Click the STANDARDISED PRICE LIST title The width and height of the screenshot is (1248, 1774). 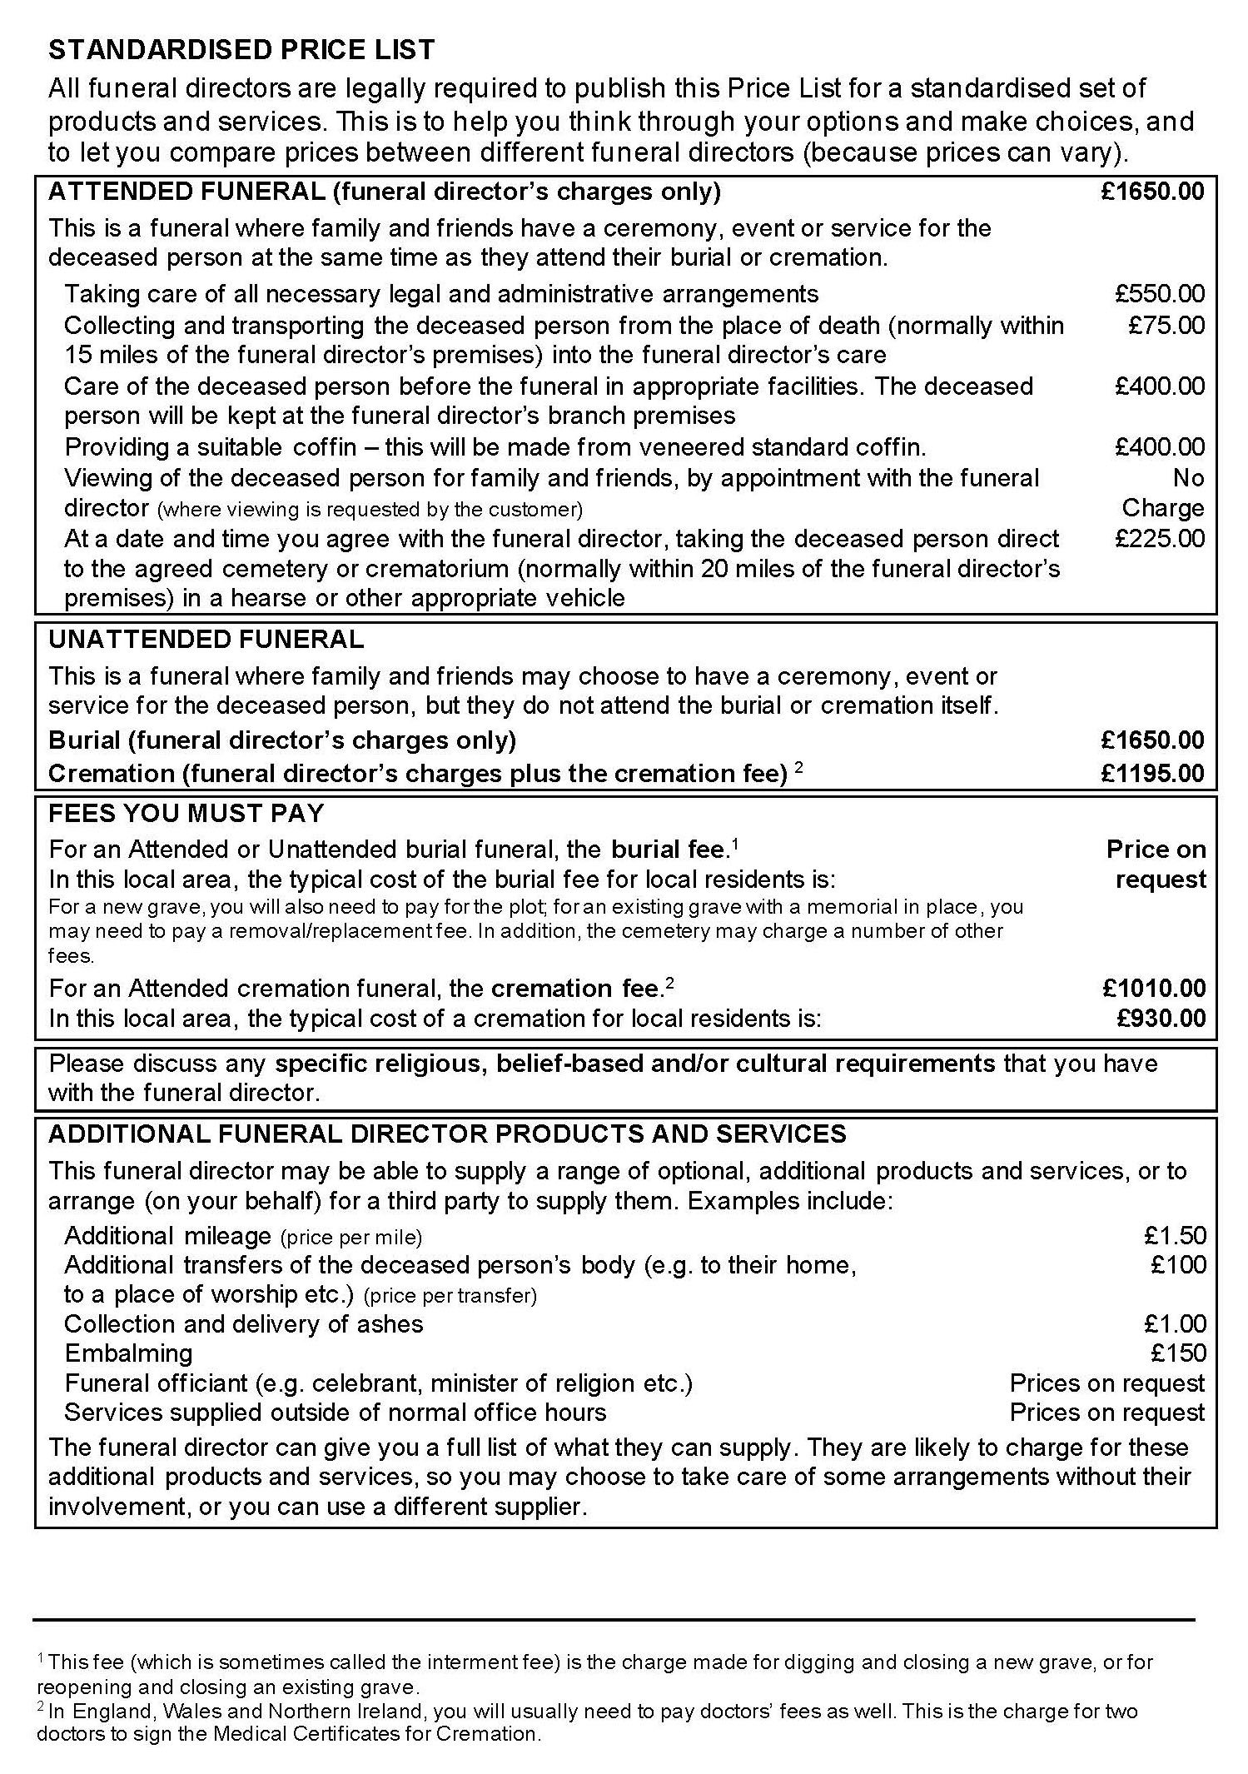click(241, 50)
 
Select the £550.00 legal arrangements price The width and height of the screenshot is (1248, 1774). click(1160, 294)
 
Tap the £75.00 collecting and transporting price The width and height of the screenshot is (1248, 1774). click(1166, 325)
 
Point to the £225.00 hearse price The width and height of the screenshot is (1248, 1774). click(1160, 539)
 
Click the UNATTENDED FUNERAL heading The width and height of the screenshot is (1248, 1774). click(206, 640)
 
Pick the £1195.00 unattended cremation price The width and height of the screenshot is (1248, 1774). click(1152, 774)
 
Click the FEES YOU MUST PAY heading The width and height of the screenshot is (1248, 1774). click(186, 814)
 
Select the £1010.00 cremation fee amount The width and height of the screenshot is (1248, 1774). click(1154, 989)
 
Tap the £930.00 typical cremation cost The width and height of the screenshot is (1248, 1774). click(1161, 1019)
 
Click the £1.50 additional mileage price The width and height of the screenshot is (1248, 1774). click(1175, 1236)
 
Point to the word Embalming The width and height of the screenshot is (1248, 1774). click(128, 1353)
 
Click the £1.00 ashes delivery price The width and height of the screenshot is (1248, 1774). click(1175, 1324)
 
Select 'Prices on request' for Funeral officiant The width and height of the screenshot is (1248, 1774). click(1106, 1383)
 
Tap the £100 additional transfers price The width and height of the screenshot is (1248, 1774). click(1178, 1265)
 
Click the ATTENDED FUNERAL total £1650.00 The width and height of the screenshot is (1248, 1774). click(1152, 192)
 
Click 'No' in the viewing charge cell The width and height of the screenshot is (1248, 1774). click(1188, 478)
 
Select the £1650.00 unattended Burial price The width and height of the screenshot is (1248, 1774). click(1152, 740)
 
